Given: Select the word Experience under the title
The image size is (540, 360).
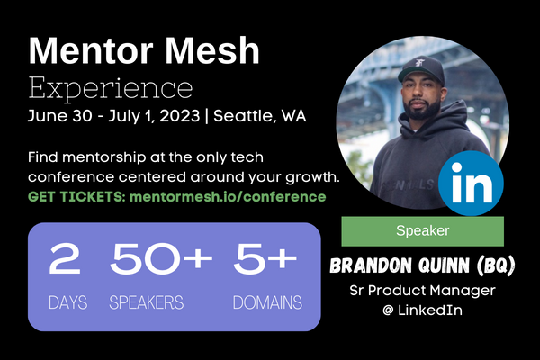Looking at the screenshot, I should point(110,88).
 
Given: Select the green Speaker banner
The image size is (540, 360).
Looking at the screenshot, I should point(421,231).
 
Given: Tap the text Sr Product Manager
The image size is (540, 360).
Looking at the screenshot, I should point(421,292).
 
